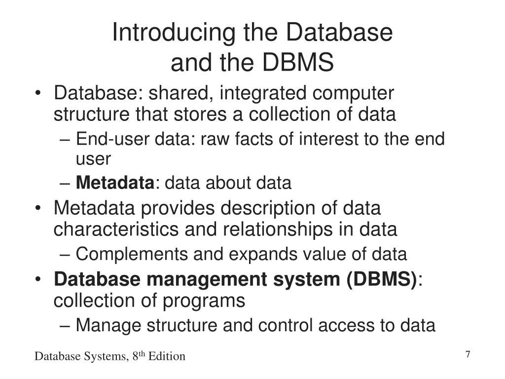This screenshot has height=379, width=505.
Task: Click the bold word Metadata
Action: pyautogui.click(x=115, y=183)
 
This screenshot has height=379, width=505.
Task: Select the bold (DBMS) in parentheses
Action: pyautogui.click(x=381, y=279)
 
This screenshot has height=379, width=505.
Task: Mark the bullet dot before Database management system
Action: pyautogui.click(x=39, y=279)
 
